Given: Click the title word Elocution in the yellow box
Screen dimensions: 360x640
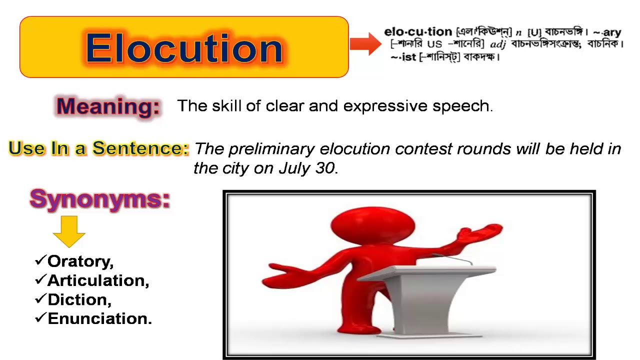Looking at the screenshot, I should click(x=184, y=48).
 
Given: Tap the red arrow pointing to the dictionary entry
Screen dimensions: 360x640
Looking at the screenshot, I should click(x=365, y=44).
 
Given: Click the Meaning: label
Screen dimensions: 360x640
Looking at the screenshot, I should click(x=108, y=106).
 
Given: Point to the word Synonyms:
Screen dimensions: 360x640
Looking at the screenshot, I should click(x=100, y=199).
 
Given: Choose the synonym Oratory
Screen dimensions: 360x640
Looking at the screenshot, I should click(x=80, y=261).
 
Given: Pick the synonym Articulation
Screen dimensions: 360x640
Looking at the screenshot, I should click(x=98, y=280).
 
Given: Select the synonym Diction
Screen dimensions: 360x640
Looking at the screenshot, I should click(x=79, y=299).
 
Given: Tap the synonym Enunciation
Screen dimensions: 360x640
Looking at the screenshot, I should click(x=99, y=318).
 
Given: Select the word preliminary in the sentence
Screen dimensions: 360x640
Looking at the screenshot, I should click(x=272, y=149).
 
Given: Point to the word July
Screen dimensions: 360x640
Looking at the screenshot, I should click(x=294, y=168).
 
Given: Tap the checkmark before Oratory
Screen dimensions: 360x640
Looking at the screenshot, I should click(x=40, y=260).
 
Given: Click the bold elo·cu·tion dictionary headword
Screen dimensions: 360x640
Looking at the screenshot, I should click(x=417, y=32).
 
